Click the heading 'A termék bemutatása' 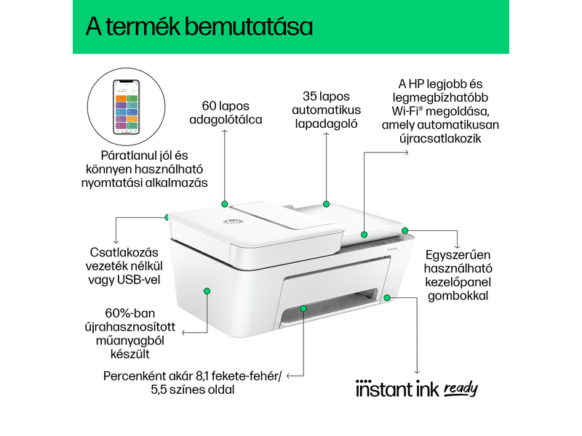199,27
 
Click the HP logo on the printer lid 221,219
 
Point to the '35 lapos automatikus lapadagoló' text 327,110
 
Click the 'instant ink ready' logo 416,389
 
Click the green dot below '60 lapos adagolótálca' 224,204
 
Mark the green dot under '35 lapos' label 327,204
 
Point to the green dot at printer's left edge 167,217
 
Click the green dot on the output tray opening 303,310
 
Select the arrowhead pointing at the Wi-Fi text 405,153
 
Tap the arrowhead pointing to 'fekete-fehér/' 289,376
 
